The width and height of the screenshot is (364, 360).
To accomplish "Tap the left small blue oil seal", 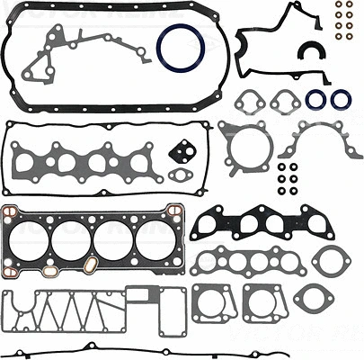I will tap(315, 99).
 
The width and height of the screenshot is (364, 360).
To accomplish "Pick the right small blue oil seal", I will tap(341, 99).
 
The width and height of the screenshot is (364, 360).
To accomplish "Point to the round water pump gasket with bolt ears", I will tap(242, 148).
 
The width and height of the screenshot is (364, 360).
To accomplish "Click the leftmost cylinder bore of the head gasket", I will tap(34, 238).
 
